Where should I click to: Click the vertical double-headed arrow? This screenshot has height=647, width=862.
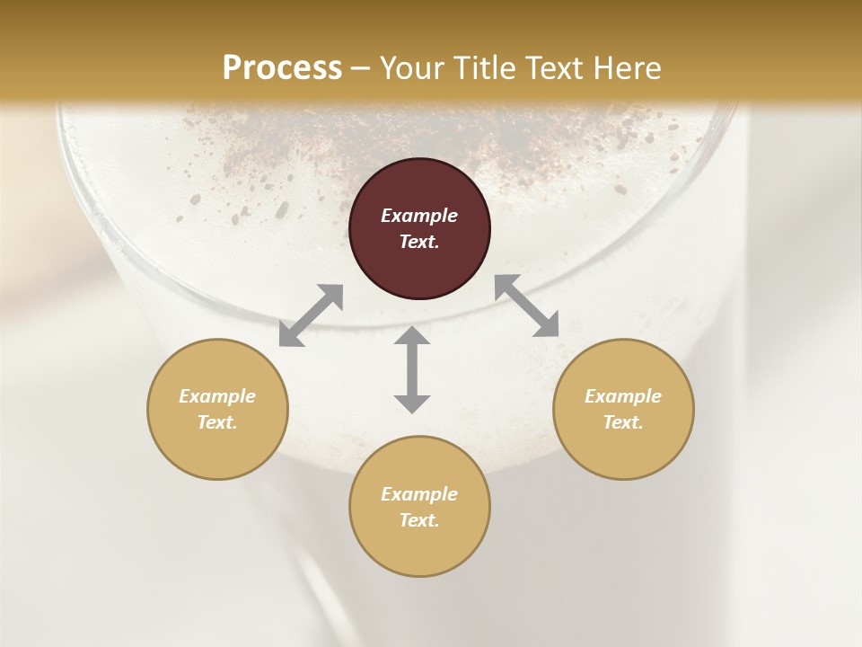412,369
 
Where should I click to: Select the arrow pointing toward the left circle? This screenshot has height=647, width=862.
311,315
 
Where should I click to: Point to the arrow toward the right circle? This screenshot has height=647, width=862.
527,306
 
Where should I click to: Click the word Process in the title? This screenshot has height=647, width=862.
282,68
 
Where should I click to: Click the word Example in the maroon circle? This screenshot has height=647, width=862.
419,216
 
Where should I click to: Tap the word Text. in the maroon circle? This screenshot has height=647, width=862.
419,242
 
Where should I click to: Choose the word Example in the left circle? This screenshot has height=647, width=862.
217,396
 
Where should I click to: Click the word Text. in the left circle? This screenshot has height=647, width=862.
217,422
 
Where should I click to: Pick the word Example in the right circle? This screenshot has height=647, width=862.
623,396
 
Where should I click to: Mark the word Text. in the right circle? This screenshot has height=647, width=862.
623,422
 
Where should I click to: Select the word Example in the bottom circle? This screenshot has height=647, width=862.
419,494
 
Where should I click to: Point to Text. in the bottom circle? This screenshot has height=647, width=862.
419,520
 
